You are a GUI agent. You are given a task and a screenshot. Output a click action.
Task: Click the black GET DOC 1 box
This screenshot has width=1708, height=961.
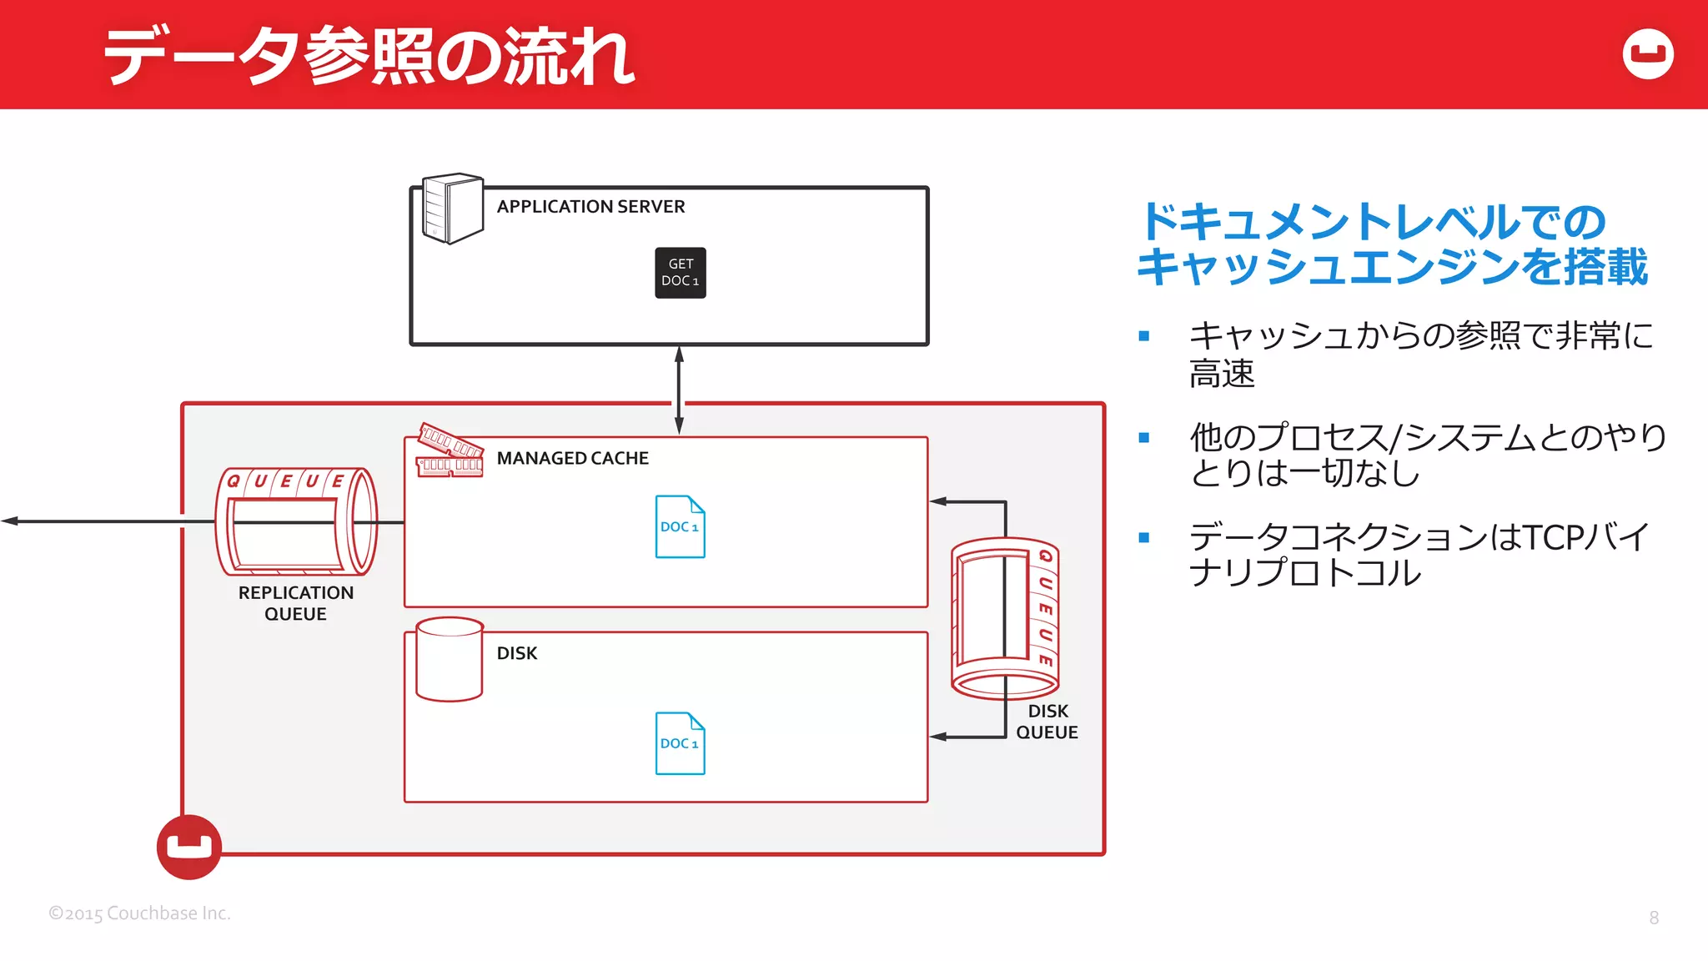[680, 273]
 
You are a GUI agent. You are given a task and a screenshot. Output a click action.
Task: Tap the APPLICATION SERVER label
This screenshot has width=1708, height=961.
[590, 206]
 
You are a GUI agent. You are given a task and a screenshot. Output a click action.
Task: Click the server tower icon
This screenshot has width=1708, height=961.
[452, 209]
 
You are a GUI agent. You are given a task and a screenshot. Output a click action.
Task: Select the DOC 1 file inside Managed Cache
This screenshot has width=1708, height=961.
[680, 526]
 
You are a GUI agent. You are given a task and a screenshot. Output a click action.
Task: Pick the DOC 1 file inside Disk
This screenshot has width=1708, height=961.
[680, 743]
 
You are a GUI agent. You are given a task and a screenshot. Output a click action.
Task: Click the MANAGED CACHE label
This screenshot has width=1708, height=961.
[572, 458]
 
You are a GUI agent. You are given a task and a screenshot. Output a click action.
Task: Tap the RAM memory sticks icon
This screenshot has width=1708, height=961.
[450, 451]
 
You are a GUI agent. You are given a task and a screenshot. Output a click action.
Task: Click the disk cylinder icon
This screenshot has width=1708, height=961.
[450, 659]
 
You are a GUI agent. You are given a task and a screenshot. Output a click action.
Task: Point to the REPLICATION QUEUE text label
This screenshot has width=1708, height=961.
[295, 603]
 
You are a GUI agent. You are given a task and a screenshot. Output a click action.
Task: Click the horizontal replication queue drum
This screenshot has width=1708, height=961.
[296, 522]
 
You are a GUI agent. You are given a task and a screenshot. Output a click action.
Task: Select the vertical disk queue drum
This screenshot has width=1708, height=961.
[1005, 617]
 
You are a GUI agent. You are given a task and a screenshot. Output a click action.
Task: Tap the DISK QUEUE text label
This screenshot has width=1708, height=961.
[1047, 722]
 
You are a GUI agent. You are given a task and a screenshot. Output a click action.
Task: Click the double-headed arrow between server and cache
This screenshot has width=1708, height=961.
[679, 390]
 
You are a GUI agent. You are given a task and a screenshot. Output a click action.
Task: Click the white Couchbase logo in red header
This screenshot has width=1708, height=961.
[1647, 54]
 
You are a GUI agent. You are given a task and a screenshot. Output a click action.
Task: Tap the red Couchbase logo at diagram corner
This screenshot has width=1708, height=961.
[189, 847]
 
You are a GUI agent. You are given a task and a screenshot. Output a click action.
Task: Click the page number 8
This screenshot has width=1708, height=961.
[1654, 918]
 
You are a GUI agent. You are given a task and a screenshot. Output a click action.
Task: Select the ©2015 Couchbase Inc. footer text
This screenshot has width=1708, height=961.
[139, 913]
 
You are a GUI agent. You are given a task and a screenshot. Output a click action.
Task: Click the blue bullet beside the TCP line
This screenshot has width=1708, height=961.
[1143, 538]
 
